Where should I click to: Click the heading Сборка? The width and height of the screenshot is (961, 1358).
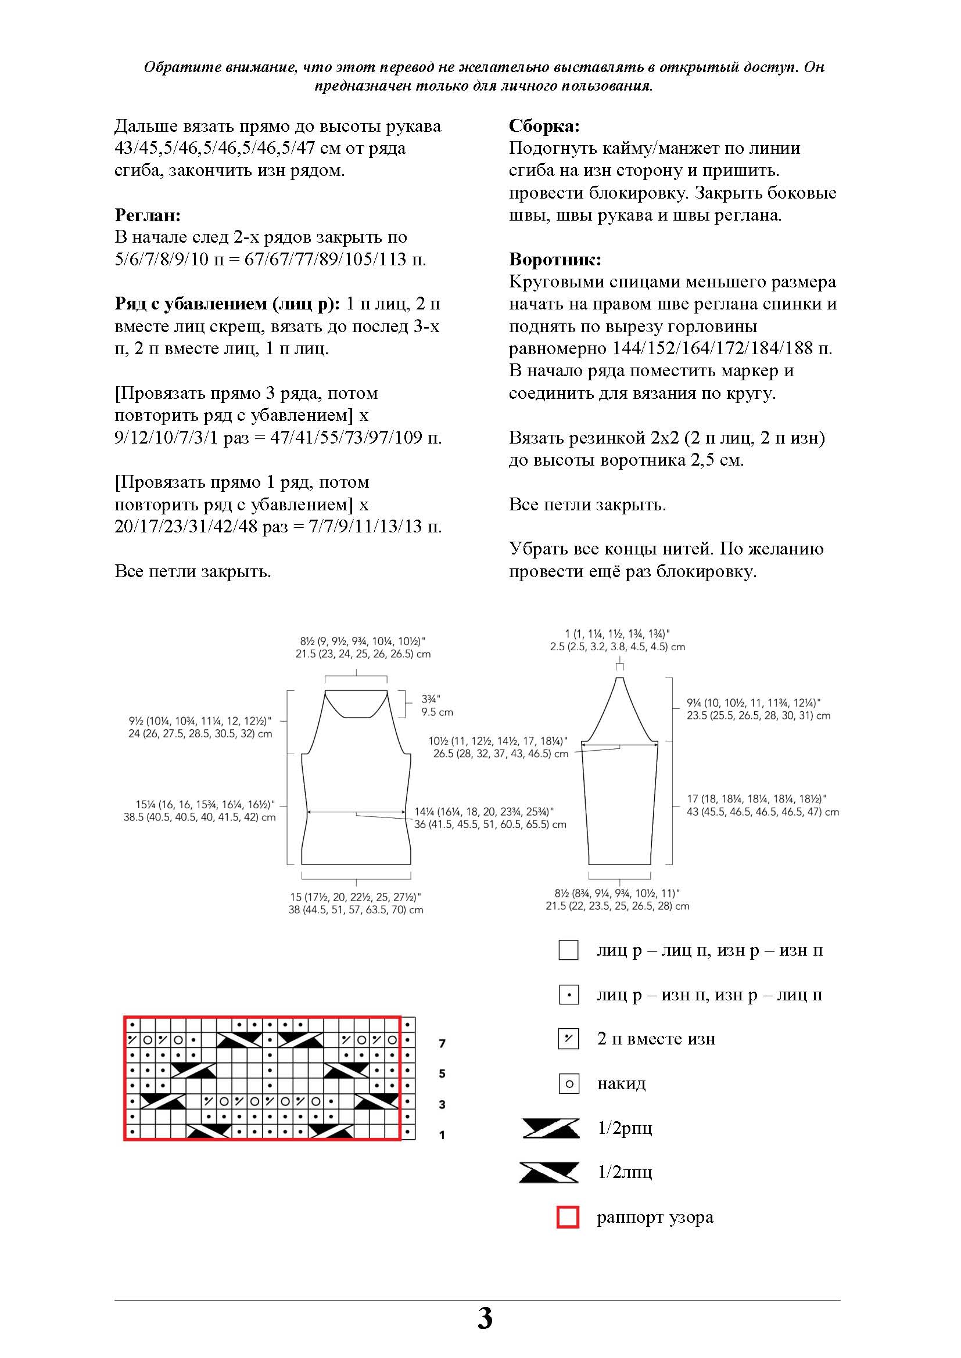[x=544, y=126]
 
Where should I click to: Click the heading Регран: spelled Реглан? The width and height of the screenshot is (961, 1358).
[x=148, y=215]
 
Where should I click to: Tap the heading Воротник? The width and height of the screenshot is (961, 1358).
[x=554, y=259]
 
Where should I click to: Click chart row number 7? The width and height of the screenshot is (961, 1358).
[x=442, y=1043]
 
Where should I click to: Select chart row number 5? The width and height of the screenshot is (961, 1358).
[x=442, y=1074]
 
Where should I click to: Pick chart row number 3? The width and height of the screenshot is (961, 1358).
[x=442, y=1104]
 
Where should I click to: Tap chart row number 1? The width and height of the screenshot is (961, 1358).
[x=442, y=1135]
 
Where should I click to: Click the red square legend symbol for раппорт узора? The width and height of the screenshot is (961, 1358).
[x=568, y=1218]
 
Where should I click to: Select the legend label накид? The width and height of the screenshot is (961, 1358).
[x=621, y=1083]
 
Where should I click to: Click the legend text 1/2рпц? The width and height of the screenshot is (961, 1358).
[x=625, y=1128]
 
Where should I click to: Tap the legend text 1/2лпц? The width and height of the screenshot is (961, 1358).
[x=625, y=1172]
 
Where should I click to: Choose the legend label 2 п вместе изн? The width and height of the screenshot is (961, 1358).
[x=656, y=1039]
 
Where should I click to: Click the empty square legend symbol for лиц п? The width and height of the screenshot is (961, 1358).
[x=568, y=950]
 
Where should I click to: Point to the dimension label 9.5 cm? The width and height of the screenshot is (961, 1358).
[x=438, y=712]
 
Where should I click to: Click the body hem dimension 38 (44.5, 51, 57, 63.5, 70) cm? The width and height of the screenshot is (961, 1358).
[x=356, y=910]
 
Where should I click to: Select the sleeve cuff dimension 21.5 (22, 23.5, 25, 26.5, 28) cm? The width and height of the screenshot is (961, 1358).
[x=617, y=906]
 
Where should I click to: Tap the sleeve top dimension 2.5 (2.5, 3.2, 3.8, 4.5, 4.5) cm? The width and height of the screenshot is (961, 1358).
[x=617, y=647]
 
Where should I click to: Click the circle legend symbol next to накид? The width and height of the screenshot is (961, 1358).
[x=569, y=1083]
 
